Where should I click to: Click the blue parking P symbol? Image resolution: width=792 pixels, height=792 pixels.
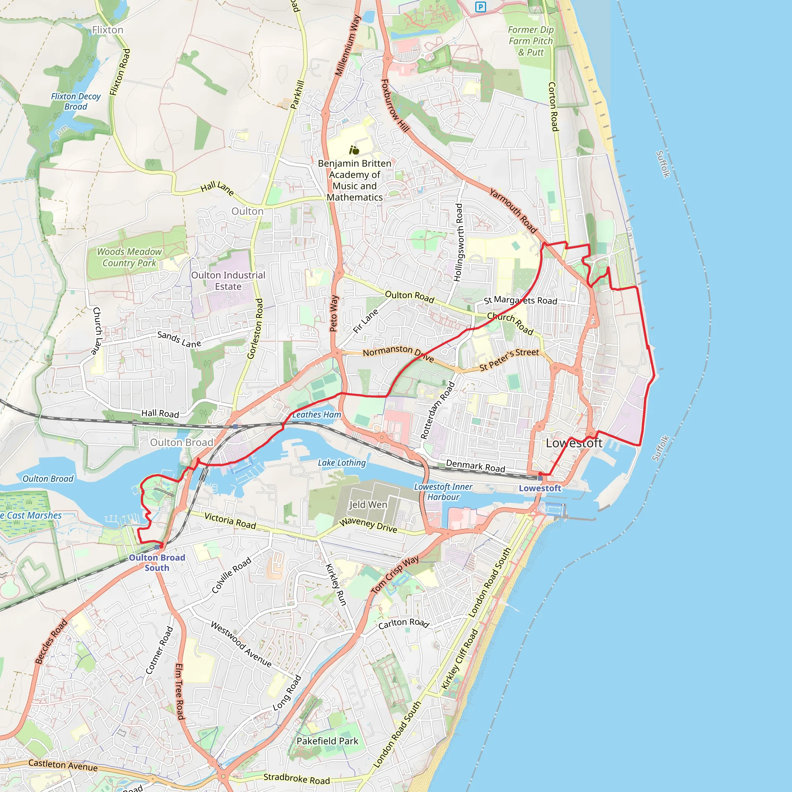[480, 7]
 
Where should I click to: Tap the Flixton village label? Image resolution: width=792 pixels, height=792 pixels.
[108, 30]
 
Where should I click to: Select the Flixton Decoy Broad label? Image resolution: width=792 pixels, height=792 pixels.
[76, 101]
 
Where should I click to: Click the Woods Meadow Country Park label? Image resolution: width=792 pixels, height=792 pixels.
[129, 258]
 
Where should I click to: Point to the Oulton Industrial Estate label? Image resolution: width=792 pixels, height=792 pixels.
[228, 281]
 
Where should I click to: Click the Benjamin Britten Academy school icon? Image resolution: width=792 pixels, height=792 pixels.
[354, 150]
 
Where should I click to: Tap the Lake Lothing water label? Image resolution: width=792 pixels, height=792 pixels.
[341, 463]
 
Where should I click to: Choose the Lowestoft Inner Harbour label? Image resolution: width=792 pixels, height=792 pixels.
[443, 492]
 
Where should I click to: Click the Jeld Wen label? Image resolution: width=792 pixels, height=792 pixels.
[368, 505]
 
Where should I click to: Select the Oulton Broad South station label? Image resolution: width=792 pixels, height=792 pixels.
[157, 562]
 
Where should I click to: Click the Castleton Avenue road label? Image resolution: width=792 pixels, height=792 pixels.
[63, 765]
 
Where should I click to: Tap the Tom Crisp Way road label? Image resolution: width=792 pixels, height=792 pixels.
[395, 574]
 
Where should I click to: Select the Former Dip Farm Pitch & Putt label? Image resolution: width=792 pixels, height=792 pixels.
[531, 41]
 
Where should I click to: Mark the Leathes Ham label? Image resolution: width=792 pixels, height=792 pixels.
[316, 415]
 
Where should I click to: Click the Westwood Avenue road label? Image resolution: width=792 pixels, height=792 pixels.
[241, 644]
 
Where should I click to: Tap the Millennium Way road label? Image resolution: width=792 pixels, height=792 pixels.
[348, 46]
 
